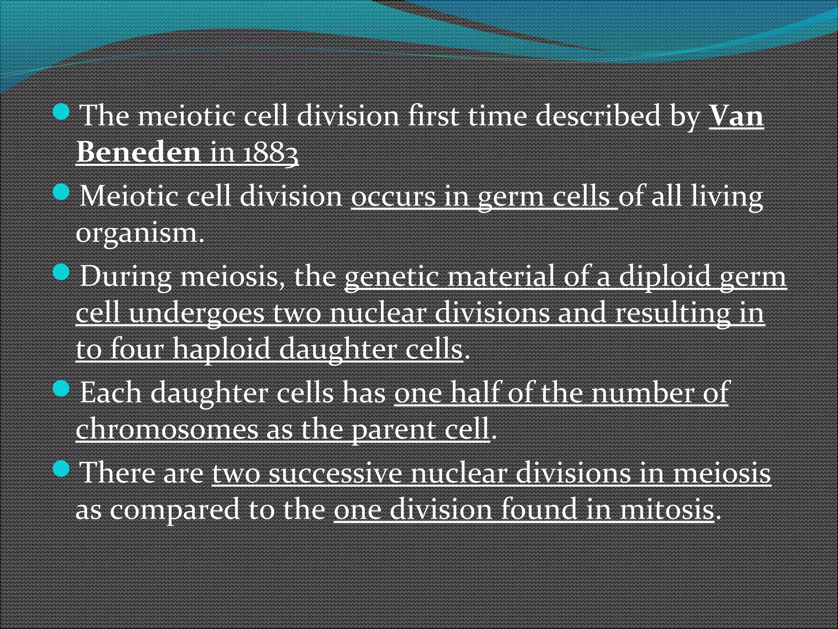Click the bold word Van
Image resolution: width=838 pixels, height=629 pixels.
pos(736,116)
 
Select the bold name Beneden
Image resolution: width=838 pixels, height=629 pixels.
pos(138,152)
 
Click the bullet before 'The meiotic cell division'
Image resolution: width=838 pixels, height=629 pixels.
pos(61,111)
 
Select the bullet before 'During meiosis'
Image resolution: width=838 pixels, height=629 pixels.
pos(61,272)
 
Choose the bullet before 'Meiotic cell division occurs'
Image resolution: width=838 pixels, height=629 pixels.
pos(61,192)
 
